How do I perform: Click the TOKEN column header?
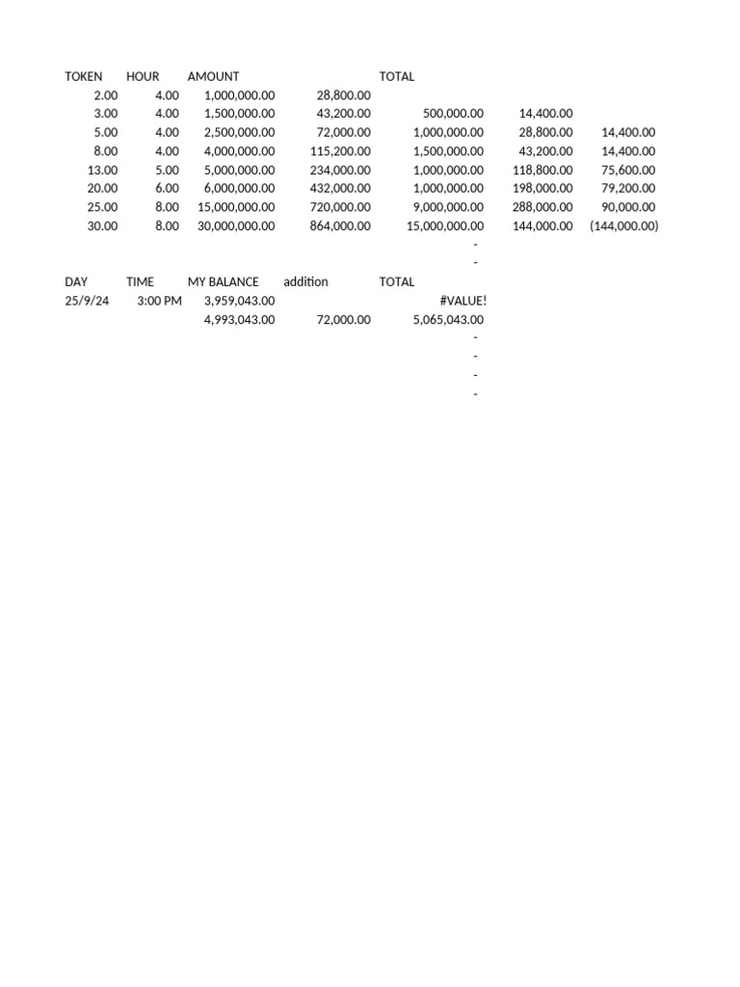click(84, 76)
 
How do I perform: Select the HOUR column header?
click(143, 76)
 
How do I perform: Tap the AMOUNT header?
click(213, 76)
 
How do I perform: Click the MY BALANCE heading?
click(223, 282)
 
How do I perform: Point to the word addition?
click(305, 282)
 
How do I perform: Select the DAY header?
click(76, 282)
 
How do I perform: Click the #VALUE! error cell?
click(462, 301)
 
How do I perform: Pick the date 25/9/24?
click(87, 301)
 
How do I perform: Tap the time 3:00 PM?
click(159, 301)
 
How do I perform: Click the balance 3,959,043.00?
click(239, 301)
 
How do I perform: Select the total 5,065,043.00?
click(448, 320)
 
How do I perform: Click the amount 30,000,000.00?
click(236, 227)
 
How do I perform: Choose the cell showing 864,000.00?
click(343, 227)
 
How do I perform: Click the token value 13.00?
click(103, 170)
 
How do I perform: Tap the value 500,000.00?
click(453, 114)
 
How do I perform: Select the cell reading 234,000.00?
click(343, 170)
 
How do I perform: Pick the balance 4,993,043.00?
click(239, 320)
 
